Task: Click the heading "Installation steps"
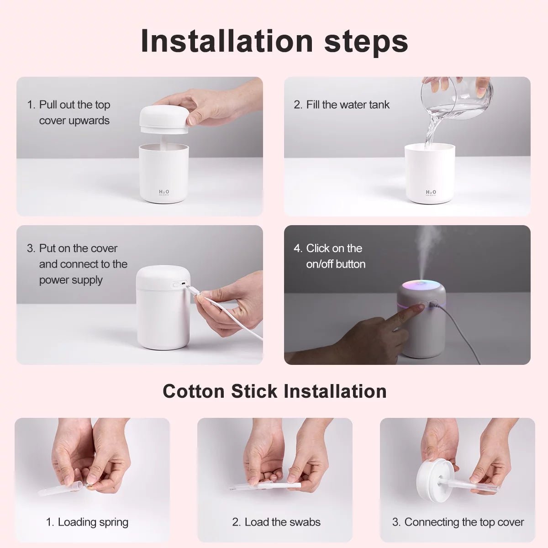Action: [274, 41]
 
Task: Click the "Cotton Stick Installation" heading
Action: [274, 391]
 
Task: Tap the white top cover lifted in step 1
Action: [163, 120]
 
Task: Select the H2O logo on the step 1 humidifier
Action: [163, 192]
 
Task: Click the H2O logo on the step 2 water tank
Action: [431, 192]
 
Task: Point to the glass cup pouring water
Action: [457, 98]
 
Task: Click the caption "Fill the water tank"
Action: [347, 105]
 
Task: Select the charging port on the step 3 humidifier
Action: [183, 284]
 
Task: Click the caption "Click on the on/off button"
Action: [335, 256]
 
